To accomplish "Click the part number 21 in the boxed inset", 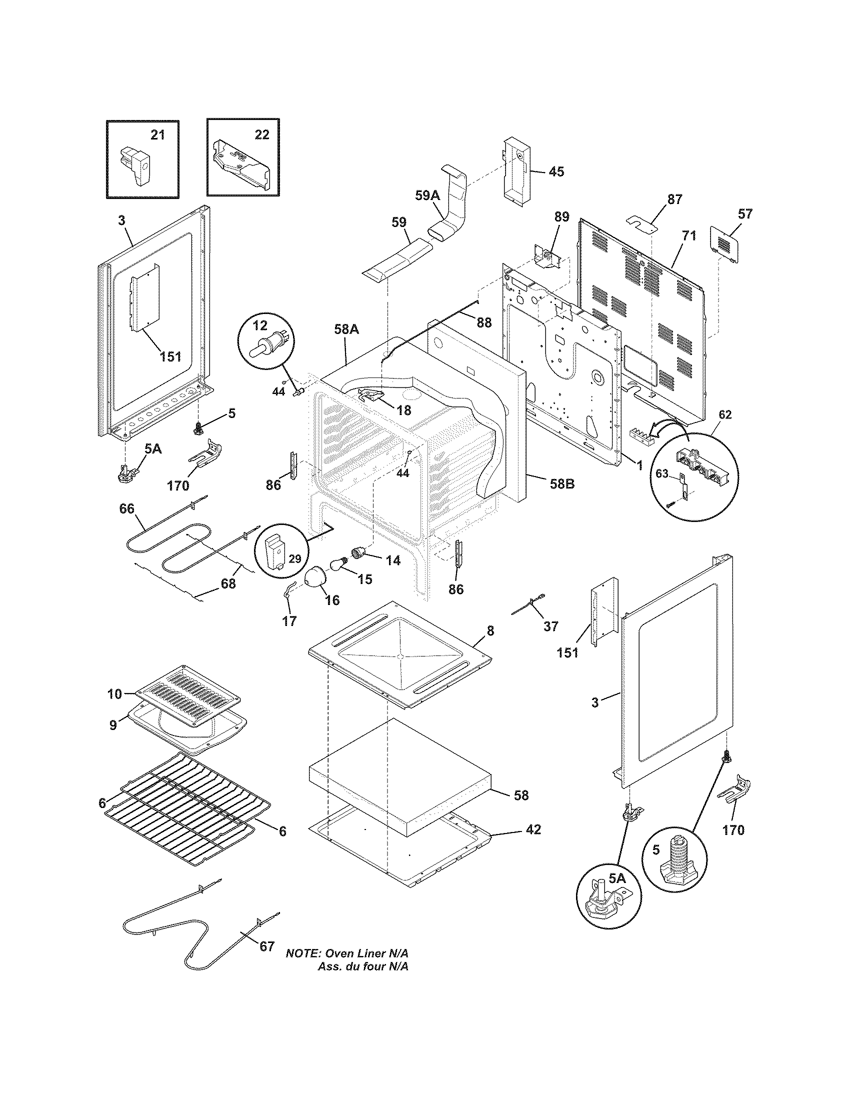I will click(x=157, y=135).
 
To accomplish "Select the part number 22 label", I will click(x=261, y=135).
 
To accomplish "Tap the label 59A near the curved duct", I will click(x=427, y=195).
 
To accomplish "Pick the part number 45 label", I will click(x=556, y=171).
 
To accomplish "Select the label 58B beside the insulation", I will click(x=562, y=484).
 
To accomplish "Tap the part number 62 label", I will click(x=724, y=414).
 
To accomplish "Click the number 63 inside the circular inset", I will click(x=662, y=473).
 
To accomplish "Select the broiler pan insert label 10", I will click(x=115, y=694).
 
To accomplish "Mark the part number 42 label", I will click(x=533, y=829).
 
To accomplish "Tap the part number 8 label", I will click(x=490, y=630).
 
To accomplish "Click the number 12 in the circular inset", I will click(x=260, y=326).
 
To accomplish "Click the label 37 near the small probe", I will click(x=551, y=626).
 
